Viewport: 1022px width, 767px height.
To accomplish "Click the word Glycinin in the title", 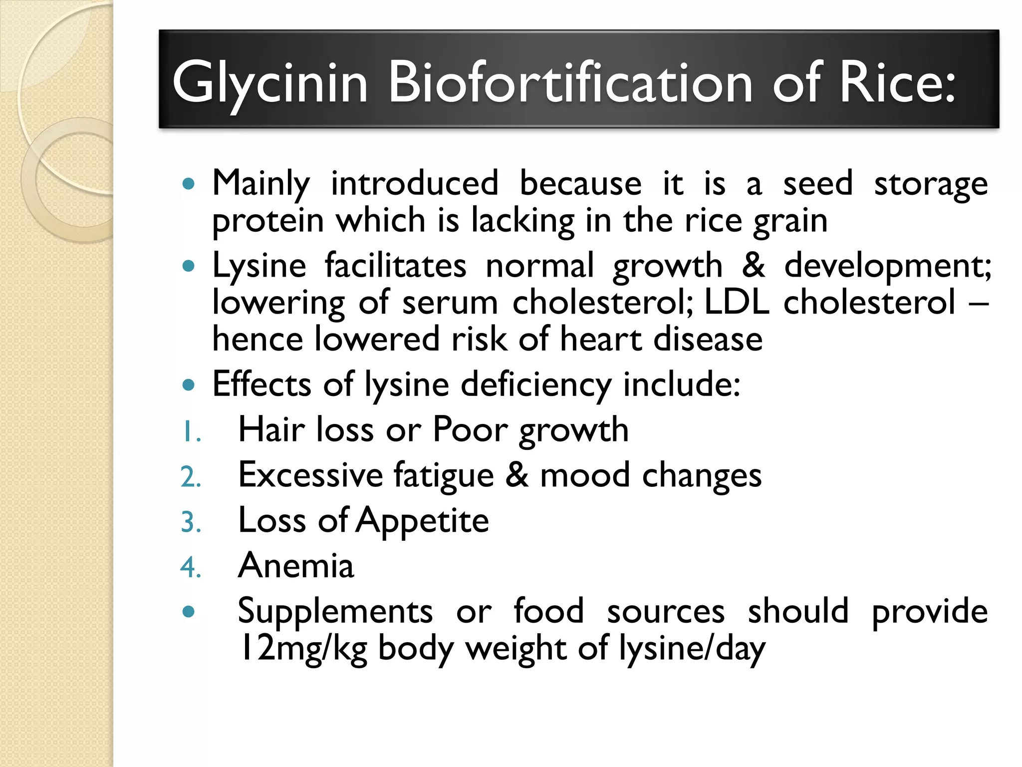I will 270,83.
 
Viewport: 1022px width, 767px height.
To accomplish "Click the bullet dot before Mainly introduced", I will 188,184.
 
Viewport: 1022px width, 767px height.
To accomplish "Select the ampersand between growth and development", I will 753,265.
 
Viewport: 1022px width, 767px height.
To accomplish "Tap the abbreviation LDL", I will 737,302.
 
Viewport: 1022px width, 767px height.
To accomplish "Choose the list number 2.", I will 191,477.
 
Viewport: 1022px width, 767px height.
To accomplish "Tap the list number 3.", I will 191,523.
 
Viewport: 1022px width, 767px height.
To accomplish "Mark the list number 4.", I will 191,568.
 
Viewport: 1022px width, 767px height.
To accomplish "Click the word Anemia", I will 296,566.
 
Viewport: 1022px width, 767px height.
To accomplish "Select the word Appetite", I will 423,521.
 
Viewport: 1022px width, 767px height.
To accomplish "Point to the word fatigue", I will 444,475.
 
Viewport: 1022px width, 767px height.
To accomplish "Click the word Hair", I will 270,430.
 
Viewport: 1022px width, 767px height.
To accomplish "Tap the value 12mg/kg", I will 303,649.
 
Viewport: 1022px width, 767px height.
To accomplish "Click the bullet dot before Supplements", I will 188,611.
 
